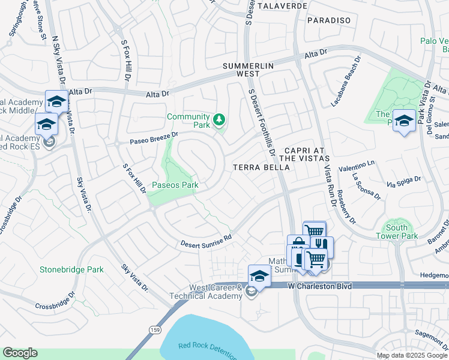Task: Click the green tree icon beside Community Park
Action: click(x=220, y=121)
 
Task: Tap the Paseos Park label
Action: click(x=175, y=185)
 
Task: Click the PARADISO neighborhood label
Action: click(x=328, y=20)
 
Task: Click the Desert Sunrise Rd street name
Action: click(x=206, y=241)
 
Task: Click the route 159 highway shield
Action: click(x=155, y=329)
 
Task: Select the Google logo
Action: click(x=20, y=353)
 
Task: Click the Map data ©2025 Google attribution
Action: click(x=412, y=355)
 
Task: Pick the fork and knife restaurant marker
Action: click(x=321, y=245)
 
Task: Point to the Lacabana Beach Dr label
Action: click(x=346, y=82)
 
